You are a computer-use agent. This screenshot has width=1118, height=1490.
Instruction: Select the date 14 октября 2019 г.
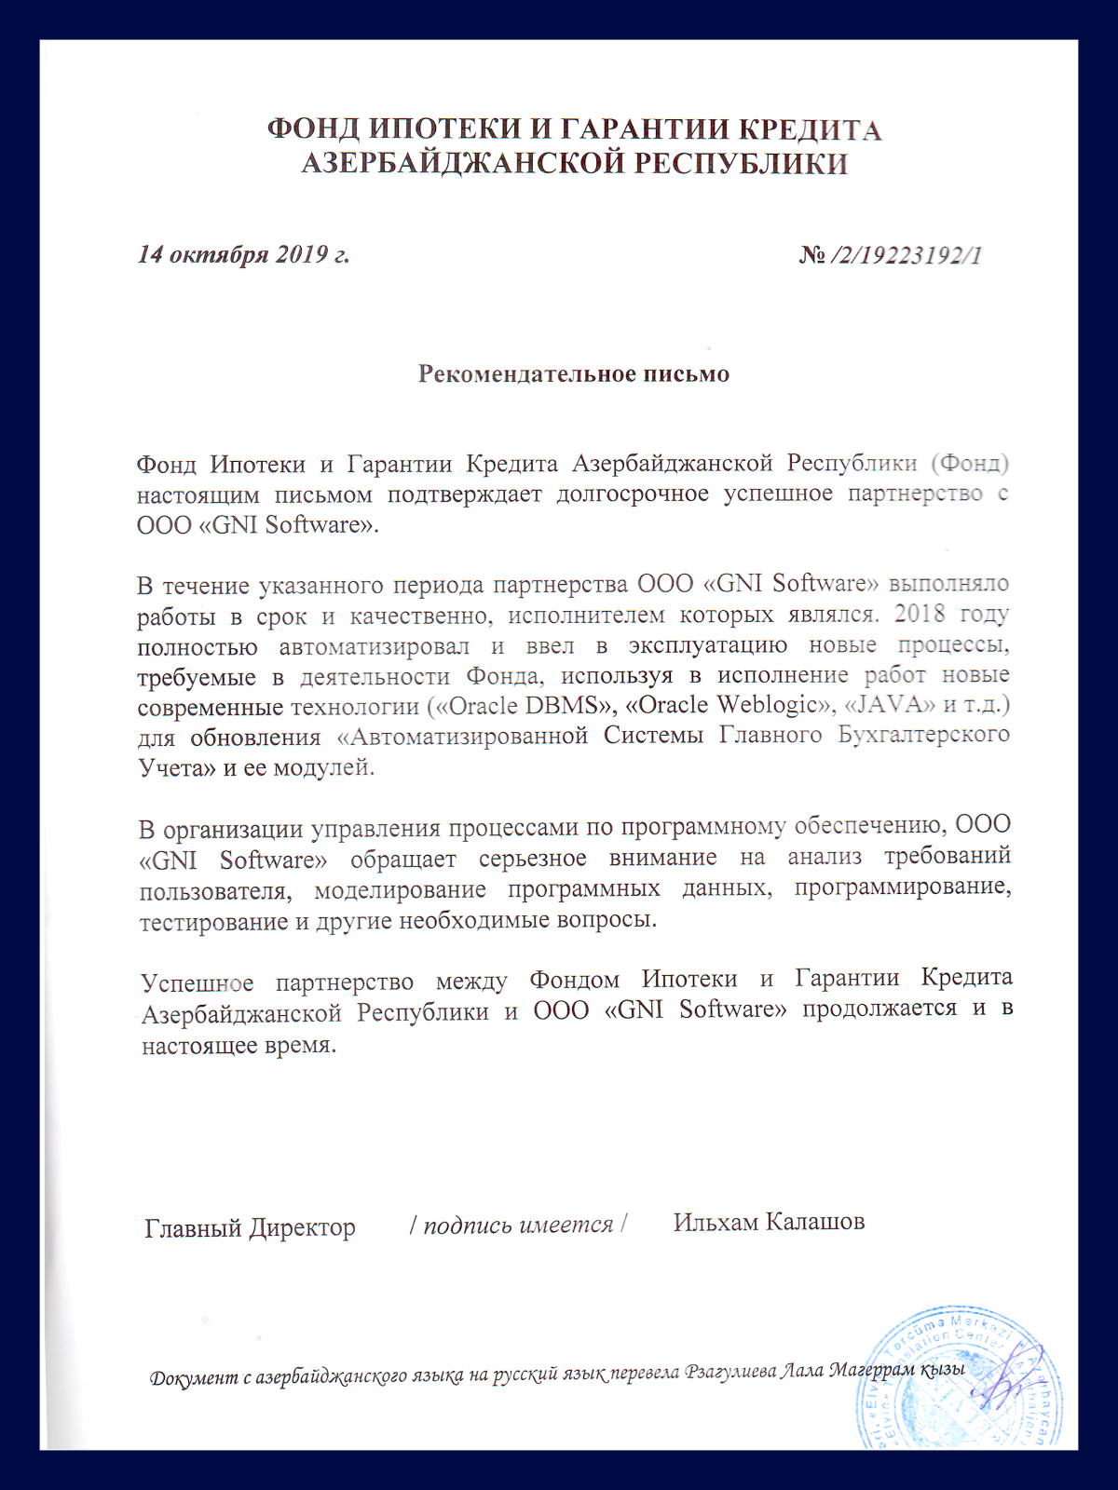pyautogui.click(x=243, y=254)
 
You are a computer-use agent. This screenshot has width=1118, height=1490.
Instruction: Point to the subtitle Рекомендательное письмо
pyautogui.click(x=573, y=374)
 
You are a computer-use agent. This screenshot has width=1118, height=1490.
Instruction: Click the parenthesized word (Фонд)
pyautogui.click(x=969, y=462)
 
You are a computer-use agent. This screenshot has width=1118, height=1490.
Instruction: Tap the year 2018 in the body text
pyautogui.click(x=919, y=614)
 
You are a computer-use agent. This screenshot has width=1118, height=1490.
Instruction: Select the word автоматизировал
pyautogui.click(x=374, y=646)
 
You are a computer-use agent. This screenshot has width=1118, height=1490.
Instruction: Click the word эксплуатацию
pyautogui.click(x=707, y=644)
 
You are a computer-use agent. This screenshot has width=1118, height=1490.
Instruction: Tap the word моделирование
pyautogui.click(x=401, y=889)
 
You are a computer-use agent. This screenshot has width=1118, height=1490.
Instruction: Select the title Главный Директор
pyautogui.click(x=250, y=1228)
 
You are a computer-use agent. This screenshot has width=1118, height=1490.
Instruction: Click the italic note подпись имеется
pyautogui.click(x=518, y=1226)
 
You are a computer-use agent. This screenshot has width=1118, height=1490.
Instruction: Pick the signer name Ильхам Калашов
pyautogui.click(x=769, y=1222)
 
